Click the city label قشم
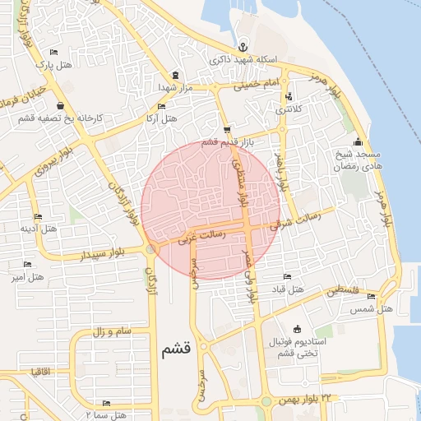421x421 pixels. point(177,349)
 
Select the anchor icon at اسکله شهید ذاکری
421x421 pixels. point(243,47)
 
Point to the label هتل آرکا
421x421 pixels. point(161,119)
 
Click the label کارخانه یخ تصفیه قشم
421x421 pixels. point(62,118)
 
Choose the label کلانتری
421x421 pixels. point(287,109)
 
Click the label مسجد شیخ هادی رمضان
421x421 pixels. point(354,160)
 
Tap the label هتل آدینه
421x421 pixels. point(38,226)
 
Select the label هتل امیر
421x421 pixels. point(27,277)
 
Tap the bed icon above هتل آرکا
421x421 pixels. point(161,106)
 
